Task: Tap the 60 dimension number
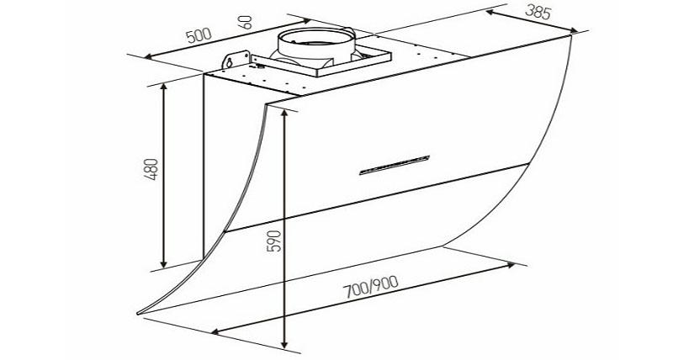pyautogui.click(x=246, y=23)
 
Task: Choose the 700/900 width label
pyautogui.click(x=373, y=291)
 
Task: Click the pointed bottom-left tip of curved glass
pyautogui.click(x=140, y=315)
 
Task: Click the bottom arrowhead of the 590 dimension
pyautogui.click(x=287, y=346)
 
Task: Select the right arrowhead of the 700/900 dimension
pyautogui.click(x=513, y=267)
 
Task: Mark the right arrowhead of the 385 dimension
pyautogui.click(x=577, y=34)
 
